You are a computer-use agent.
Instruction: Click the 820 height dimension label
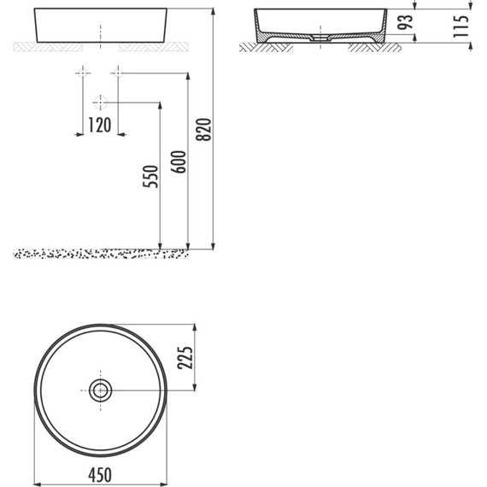[x=203, y=129]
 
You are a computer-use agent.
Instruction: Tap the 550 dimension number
[x=150, y=177]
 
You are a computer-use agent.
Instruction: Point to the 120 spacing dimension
[x=100, y=125]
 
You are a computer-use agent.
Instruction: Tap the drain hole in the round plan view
[x=101, y=391]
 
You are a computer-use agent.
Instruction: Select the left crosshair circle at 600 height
[x=83, y=73]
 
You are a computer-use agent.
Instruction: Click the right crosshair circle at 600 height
[x=118, y=73]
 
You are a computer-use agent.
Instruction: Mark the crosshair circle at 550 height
[x=100, y=103]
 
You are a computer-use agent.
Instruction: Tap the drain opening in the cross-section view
[x=320, y=38]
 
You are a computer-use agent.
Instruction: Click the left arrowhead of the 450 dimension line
[x=37, y=482]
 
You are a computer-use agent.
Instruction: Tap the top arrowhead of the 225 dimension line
[x=196, y=328]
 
